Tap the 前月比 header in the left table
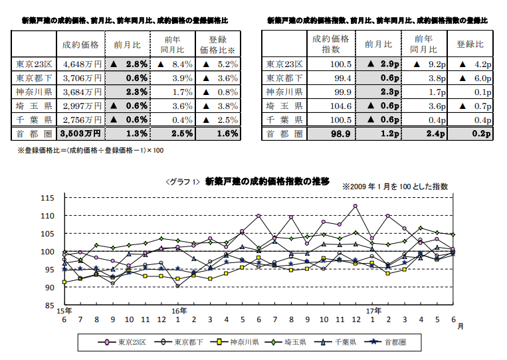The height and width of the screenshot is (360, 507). tap(126, 45)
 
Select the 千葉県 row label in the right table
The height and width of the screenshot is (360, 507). tap(284, 120)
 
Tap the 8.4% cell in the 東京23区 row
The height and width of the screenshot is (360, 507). tap(175, 64)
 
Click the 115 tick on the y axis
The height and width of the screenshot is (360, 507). tap(47, 198)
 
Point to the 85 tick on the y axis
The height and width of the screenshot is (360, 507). tap(47, 306)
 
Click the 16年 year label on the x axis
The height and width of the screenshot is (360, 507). tap(178, 311)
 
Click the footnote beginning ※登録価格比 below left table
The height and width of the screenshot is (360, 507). tap(90, 151)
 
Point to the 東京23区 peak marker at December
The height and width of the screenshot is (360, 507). tap(355, 206)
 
